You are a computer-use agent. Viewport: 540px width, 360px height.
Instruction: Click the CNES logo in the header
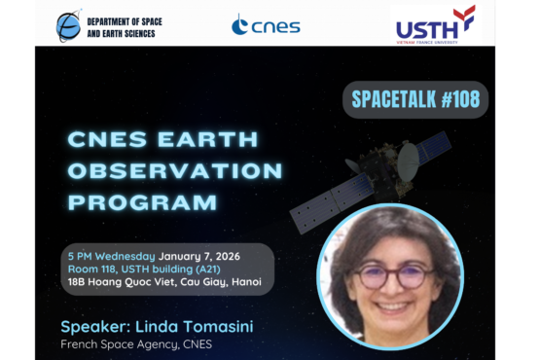pyautogui.click(x=265, y=24)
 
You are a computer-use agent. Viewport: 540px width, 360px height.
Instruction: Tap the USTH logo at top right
pyautogui.click(x=435, y=23)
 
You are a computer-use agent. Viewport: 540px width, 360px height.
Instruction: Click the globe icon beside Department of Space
pyautogui.click(x=68, y=25)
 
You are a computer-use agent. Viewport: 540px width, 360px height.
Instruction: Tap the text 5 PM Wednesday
pyautogui.click(x=107, y=256)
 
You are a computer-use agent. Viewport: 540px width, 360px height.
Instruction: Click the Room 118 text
pyautogui.click(x=95, y=269)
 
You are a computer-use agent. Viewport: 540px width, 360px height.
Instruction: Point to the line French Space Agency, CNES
pyautogui.click(x=135, y=343)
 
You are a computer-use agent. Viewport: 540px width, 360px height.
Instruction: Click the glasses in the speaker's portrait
pyautogui.click(x=394, y=275)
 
